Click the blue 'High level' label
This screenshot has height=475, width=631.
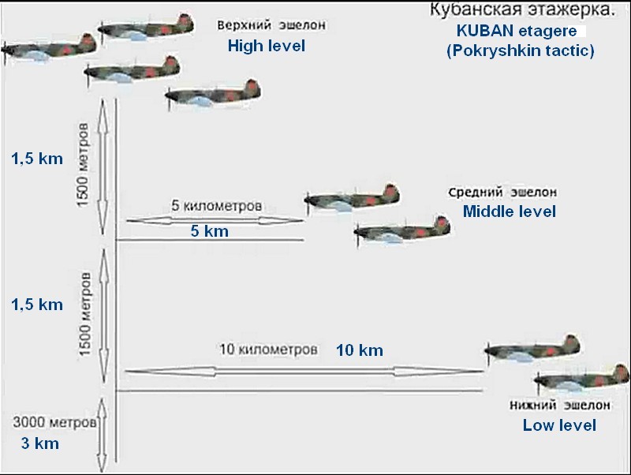pos(266,46)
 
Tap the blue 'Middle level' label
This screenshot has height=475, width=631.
pos(509,211)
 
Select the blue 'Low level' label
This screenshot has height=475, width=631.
pos(559,425)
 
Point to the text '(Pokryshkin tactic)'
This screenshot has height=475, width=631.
pos(520,50)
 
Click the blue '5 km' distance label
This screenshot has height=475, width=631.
pos(209,231)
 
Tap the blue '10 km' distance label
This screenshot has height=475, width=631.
pos(360,350)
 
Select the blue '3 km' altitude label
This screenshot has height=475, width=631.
pos(39,443)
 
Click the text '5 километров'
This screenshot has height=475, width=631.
pos(216,205)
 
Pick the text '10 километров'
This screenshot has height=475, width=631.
pos(268,348)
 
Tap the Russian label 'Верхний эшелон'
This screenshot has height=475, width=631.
pos(271,25)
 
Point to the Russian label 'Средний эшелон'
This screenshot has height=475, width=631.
pos(502,193)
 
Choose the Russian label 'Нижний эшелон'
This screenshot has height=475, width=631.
pos(559,406)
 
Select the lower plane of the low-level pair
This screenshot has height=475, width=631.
pos(581,378)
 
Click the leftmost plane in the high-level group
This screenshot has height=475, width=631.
pos(47,47)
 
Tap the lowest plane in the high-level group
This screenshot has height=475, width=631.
pos(211,95)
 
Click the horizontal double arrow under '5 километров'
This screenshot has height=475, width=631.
pos(214,219)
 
